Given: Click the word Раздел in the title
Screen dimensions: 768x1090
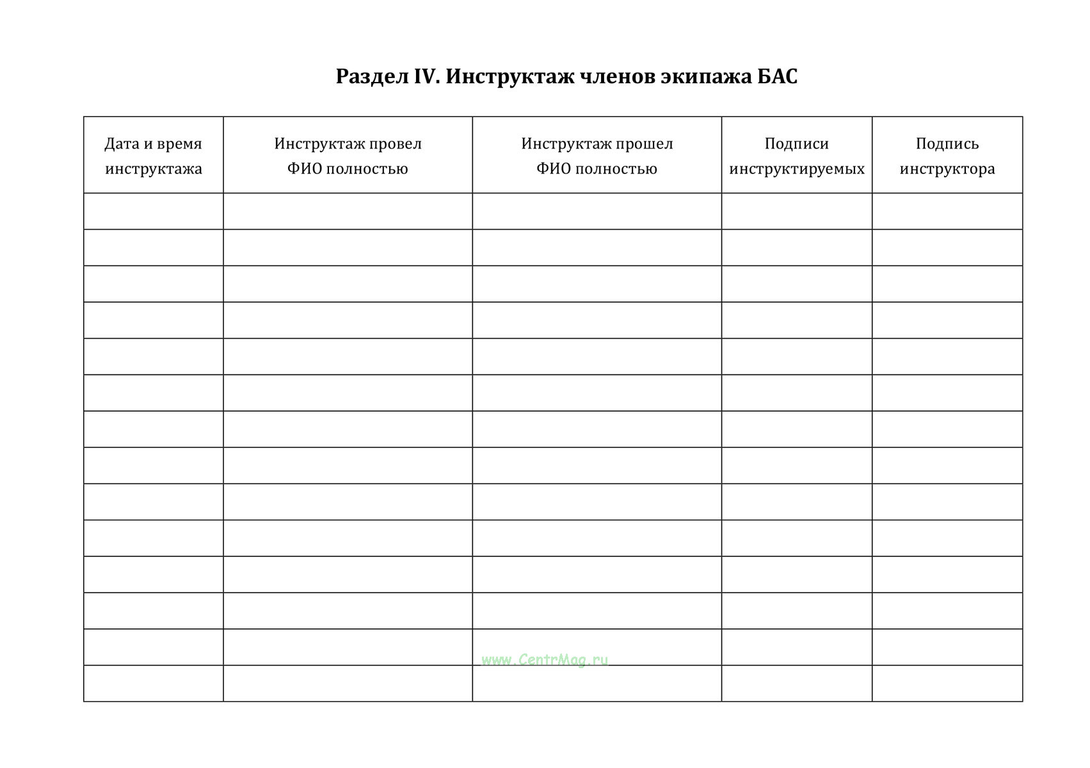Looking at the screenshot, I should point(371,77).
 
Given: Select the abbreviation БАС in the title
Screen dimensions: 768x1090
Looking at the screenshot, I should point(777,77).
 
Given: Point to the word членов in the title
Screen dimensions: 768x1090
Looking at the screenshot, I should point(616,77).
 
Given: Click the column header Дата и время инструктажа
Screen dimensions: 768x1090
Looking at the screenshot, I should point(154,156).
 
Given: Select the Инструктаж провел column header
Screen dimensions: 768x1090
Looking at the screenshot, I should point(348,156).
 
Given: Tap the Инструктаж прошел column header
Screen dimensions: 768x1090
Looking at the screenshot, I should point(597,156).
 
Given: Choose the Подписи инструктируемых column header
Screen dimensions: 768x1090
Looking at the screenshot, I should point(797,156).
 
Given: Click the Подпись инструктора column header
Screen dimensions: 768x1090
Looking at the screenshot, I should point(947,156).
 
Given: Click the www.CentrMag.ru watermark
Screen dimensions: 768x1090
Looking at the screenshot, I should point(545,660).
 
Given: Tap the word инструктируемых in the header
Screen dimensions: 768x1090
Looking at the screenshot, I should point(797,169).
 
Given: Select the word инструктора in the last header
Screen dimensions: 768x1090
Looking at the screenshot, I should point(947,169).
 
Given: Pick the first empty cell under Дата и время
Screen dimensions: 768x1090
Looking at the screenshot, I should point(154,211).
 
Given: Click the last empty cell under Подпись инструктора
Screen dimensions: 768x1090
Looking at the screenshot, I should point(947,684).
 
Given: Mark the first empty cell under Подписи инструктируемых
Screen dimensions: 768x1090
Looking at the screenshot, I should point(797,211).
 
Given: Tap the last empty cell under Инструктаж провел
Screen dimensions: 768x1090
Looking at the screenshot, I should point(348,684).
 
